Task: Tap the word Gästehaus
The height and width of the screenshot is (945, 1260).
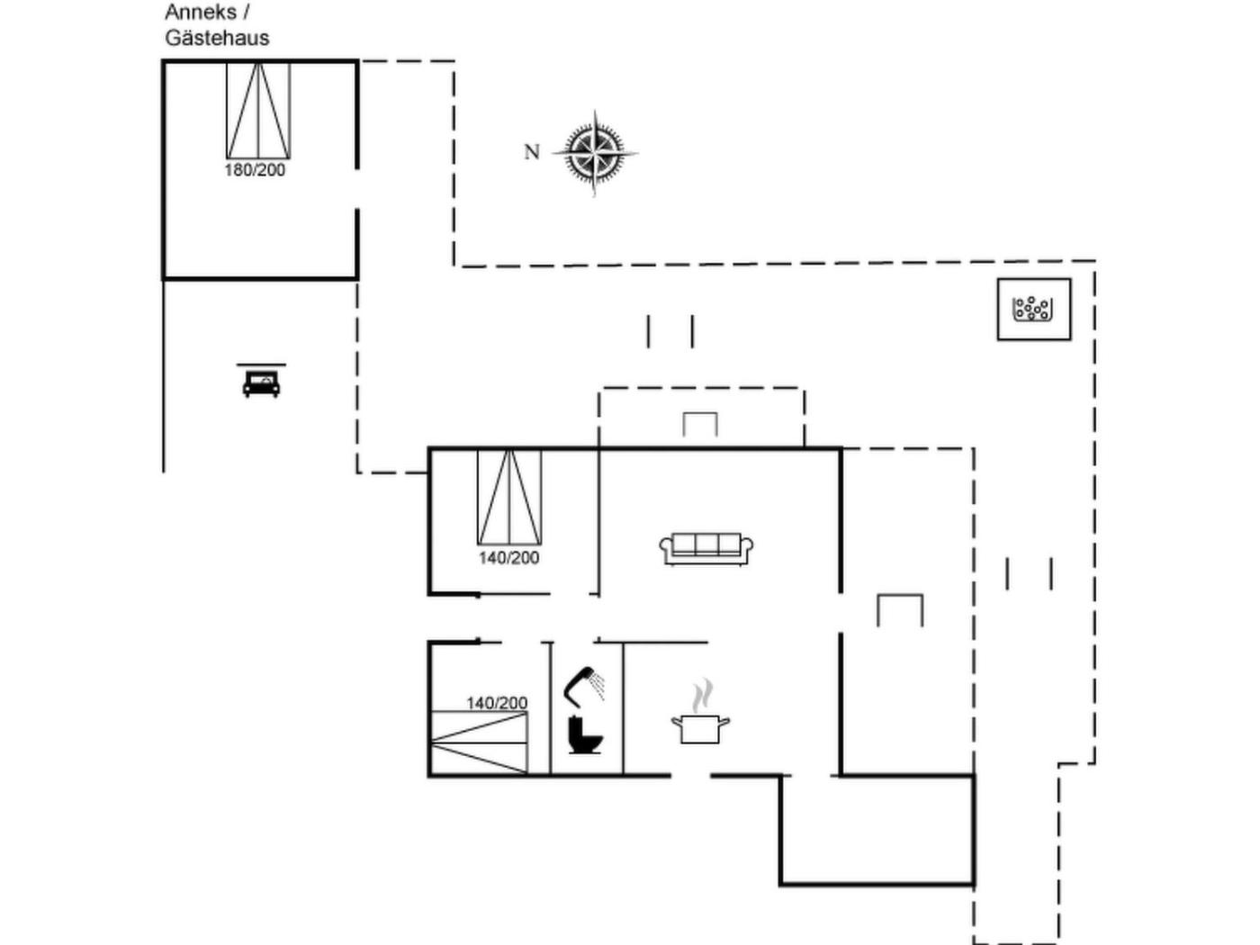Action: tap(217, 38)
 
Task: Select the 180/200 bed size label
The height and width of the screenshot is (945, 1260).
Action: tap(255, 170)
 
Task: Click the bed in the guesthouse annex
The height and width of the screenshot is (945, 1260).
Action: tap(258, 111)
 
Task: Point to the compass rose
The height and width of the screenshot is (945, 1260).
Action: tap(595, 153)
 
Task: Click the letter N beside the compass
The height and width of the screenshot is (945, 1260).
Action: tap(532, 152)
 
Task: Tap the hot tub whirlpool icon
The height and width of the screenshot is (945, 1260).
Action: tap(1034, 310)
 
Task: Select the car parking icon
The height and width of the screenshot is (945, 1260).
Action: tap(261, 381)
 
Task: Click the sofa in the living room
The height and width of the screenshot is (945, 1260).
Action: tap(706, 549)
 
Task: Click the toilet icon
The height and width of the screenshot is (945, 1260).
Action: tap(585, 735)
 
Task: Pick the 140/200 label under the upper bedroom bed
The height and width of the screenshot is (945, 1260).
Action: tap(509, 558)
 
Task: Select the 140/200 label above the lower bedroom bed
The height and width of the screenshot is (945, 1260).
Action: tap(497, 703)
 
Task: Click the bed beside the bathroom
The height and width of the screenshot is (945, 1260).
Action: tap(480, 743)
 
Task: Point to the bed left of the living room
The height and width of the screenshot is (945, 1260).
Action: tap(509, 497)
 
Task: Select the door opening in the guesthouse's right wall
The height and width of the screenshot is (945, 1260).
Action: tap(357, 189)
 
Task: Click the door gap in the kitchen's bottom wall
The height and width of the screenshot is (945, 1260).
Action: tap(690, 776)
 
